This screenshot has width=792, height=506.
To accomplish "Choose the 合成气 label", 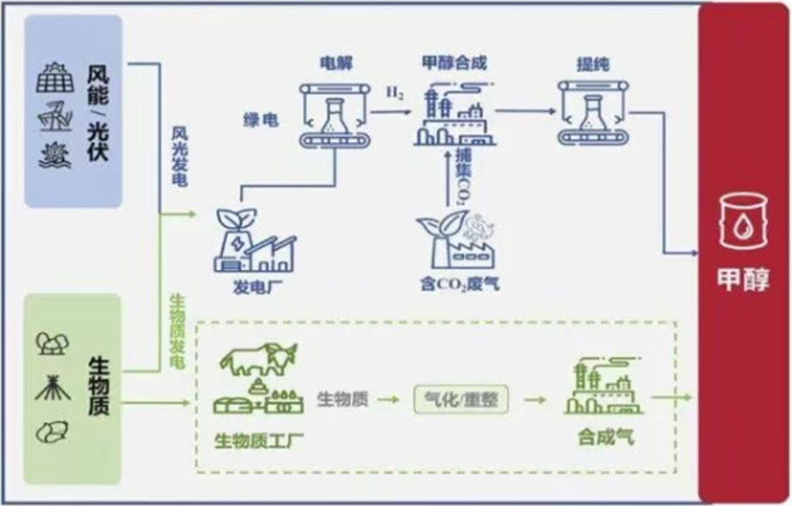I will (x=605, y=438).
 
